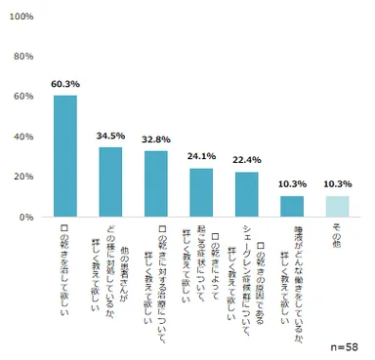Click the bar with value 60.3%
coord(65,156)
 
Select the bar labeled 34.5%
coord(110,181)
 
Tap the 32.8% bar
coord(156,183)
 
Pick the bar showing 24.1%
coord(201,192)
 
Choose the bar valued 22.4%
coord(247,194)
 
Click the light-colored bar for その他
coord(337,206)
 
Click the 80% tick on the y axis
coord(25,57)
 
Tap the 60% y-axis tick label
coord(25,97)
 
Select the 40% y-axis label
coord(25,137)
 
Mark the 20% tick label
coord(25,177)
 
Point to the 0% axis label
coord(28,217)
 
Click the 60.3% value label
coord(65,85)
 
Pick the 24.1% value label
coord(201,157)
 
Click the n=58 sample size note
coord(343,345)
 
